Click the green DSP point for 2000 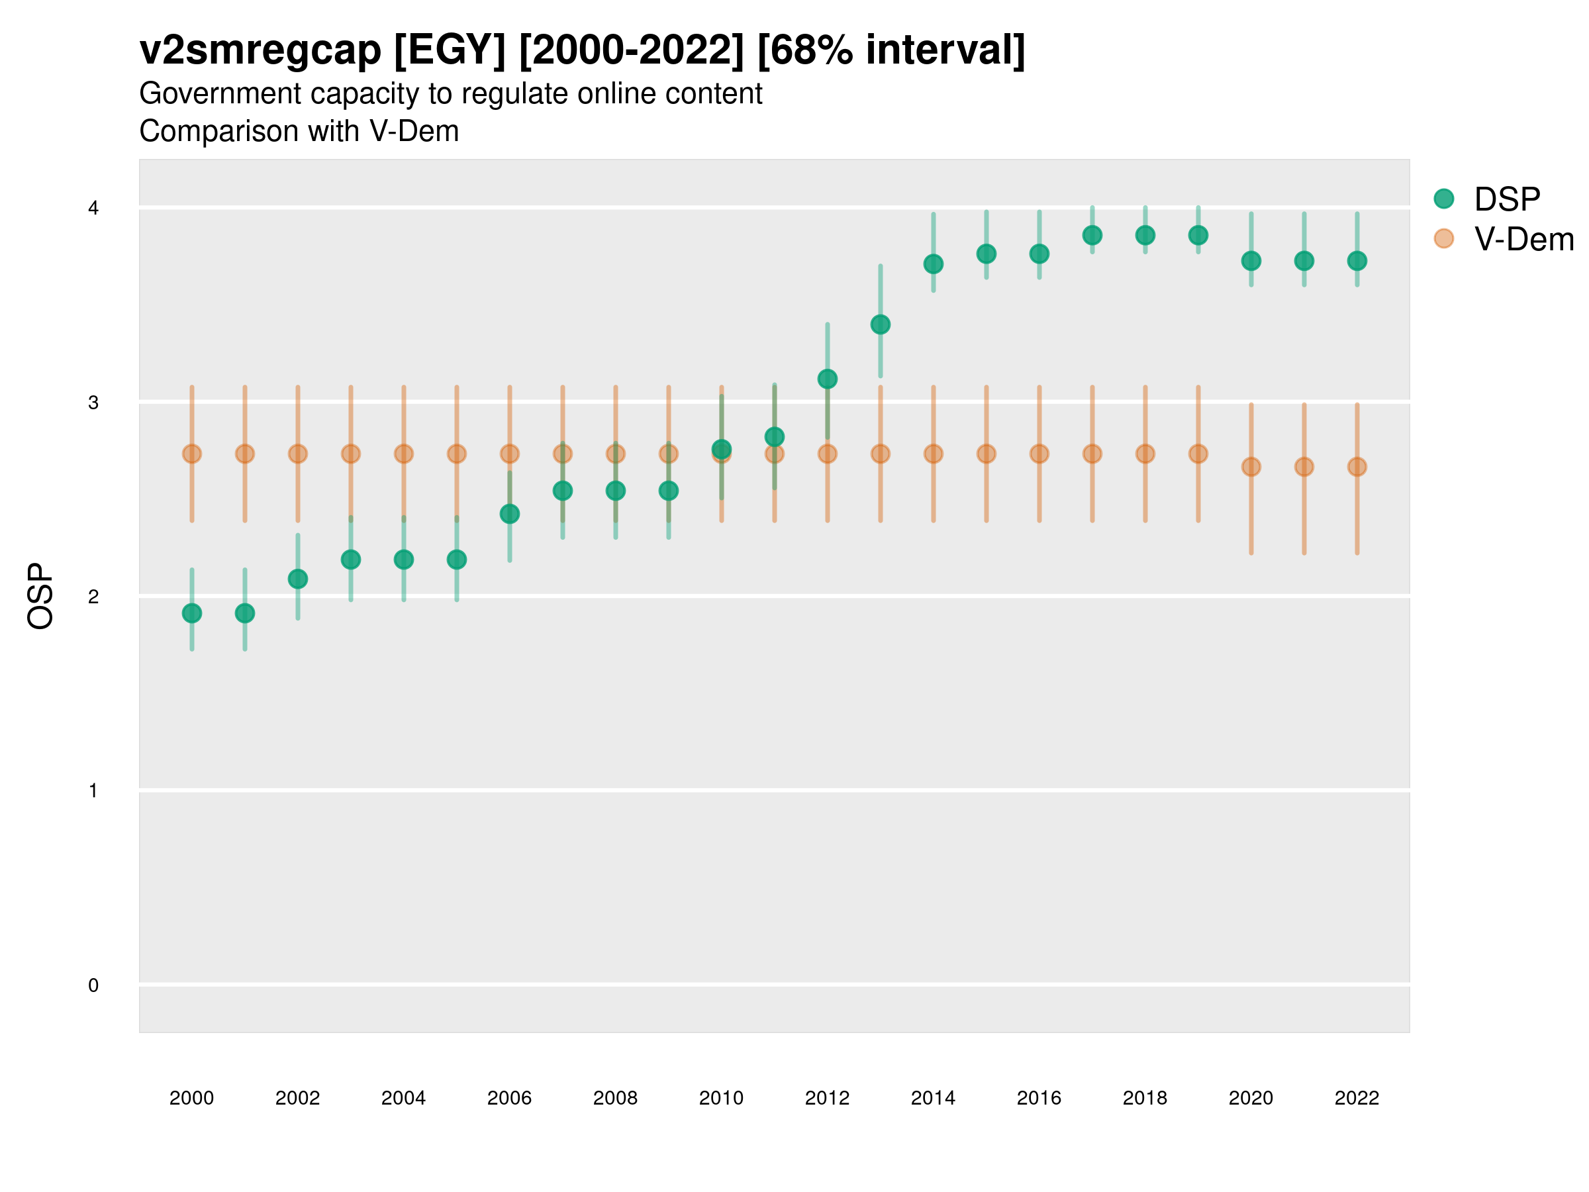[x=192, y=613]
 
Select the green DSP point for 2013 [x=880, y=324]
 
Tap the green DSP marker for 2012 [x=828, y=379]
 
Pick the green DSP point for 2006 [x=509, y=514]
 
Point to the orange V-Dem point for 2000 [x=192, y=454]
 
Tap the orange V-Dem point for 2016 [x=1039, y=454]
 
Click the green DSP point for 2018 [x=1145, y=235]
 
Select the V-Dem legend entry [x=1523, y=239]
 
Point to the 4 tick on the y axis [x=93, y=209]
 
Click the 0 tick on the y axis [x=93, y=985]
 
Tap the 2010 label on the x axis [x=721, y=1098]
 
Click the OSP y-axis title [x=40, y=597]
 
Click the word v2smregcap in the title [x=260, y=50]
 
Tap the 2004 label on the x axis [x=404, y=1098]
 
